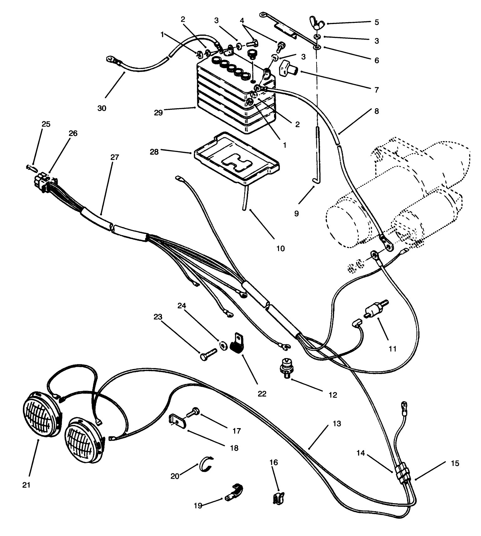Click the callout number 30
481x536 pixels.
(102, 108)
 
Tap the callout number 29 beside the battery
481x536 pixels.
(158, 112)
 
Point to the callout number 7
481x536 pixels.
(376, 90)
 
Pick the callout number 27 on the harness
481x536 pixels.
(115, 157)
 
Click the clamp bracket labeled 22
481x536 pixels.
(238, 343)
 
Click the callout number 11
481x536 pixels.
(392, 348)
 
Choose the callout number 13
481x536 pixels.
(337, 424)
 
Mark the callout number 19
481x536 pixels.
(198, 505)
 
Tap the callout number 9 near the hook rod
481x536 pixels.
(296, 214)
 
